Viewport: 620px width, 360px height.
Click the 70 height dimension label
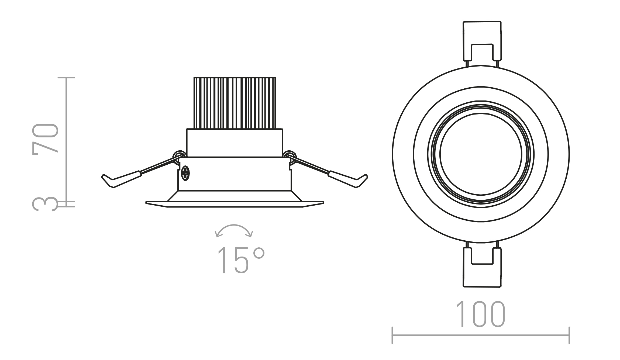pos(45,139)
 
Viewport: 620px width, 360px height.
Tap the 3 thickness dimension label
pos(45,204)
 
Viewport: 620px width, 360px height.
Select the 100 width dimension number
pos(480,314)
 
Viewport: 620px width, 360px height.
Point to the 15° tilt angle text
pos(241,260)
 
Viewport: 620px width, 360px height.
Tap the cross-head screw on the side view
pos(185,173)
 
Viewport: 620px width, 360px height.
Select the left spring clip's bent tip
pos(107,181)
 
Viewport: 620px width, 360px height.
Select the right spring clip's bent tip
pos(362,181)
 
